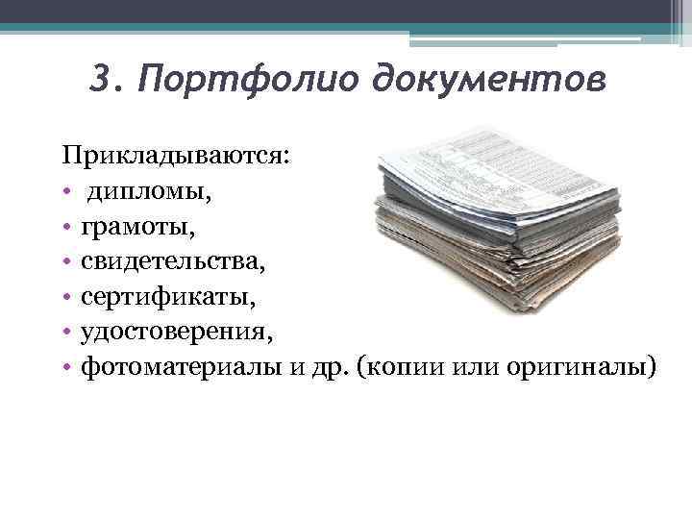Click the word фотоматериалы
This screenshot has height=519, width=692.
182,367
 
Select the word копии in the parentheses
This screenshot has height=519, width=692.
397,367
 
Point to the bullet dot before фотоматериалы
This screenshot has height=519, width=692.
69,368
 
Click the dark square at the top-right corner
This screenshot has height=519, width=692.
680,12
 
